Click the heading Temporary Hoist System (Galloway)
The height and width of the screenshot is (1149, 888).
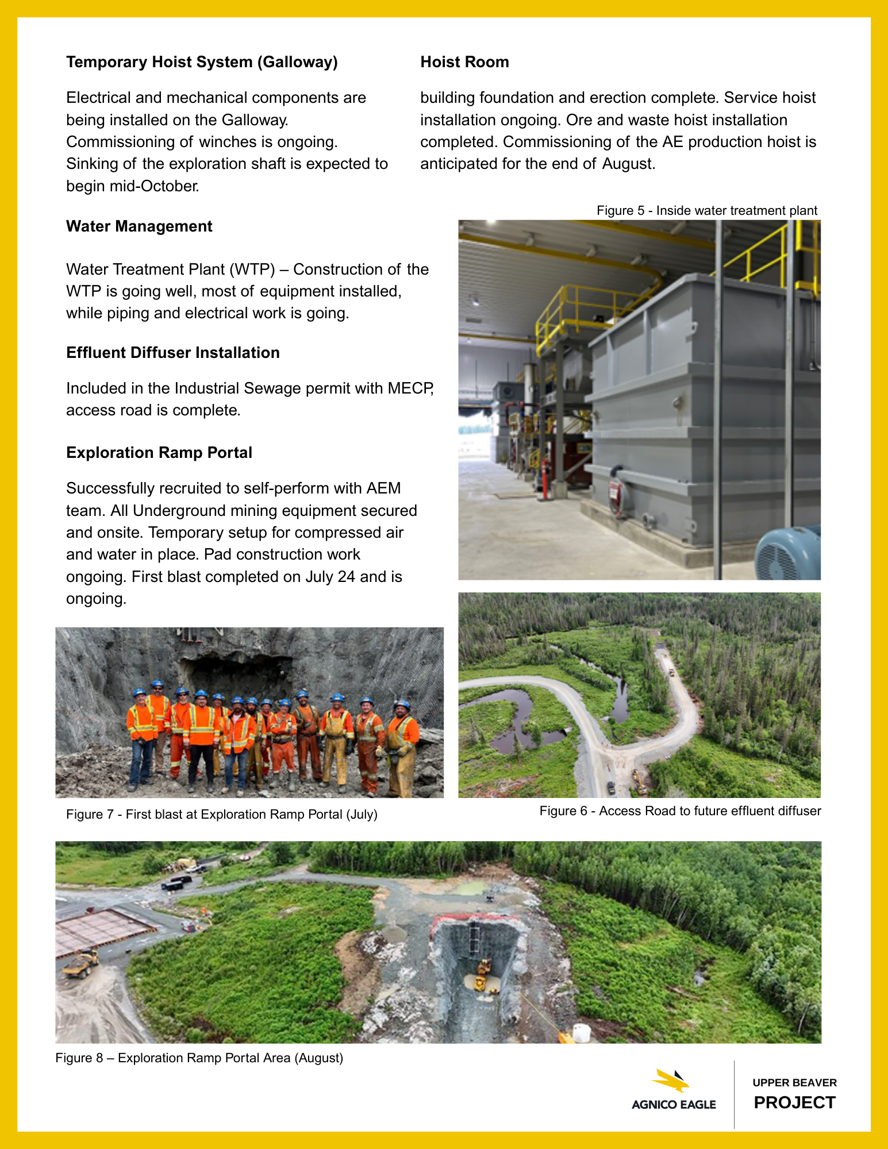point(202,62)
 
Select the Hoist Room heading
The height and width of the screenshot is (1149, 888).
point(464,62)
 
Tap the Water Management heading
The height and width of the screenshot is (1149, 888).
point(139,226)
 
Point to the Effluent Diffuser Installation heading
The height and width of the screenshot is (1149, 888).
point(173,353)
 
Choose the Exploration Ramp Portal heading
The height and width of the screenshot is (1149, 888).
point(159,453)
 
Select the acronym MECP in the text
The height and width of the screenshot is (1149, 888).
point(410,388)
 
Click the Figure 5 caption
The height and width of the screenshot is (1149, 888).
point(706,211)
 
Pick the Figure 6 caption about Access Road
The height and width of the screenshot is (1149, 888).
point(680,811)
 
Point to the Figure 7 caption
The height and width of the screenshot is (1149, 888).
point(222,814)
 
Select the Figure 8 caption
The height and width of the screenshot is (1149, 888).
point(199,1058)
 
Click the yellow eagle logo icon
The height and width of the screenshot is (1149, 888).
point(672,1080)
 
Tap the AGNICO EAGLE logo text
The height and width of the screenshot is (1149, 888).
point(674,1104)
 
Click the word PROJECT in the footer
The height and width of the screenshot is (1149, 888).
point(794,1102)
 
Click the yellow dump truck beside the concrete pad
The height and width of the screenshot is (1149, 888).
point(80,963)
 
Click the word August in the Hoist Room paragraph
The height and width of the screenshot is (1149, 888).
point(628,164)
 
